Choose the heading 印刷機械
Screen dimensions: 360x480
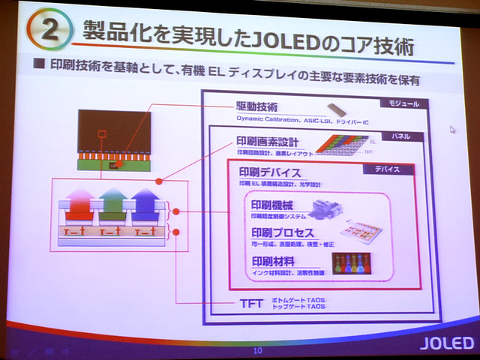pyautogui.click(x=273, y=205)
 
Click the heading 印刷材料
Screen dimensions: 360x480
pyautogui.click(x=273, y=262)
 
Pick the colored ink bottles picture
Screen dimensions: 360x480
pyautogui.click(x=352, y=262)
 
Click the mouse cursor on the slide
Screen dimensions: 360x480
pyautogui.click(x=452, y=129)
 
